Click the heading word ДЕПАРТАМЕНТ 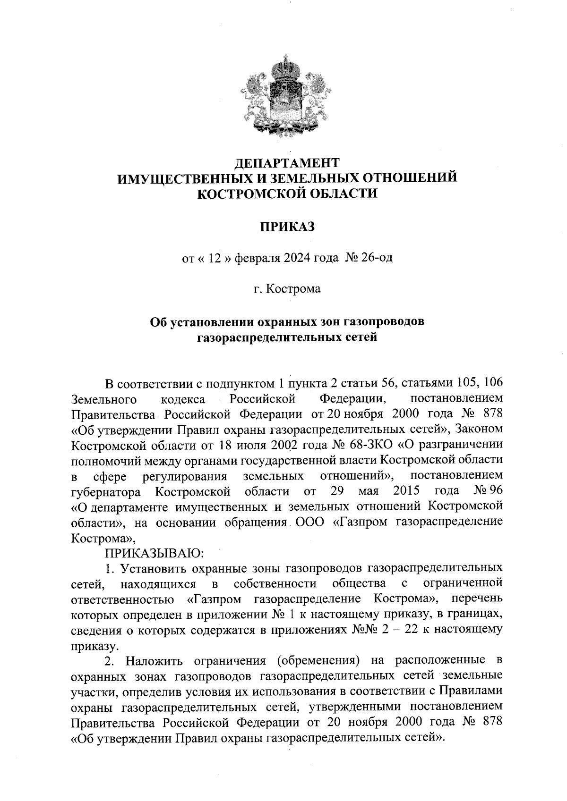287,163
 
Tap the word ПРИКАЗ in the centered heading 286,227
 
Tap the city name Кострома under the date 293,288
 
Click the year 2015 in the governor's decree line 406,490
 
